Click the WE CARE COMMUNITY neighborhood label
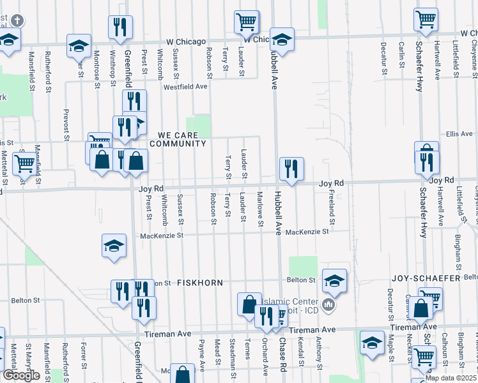[x=178, y=139]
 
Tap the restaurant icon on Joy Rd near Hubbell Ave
[x=291, y=169]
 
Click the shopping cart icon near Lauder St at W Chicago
[x=246, y=22]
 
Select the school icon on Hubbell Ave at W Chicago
[x=281, y=40]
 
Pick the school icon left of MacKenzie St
[x=113, y=246]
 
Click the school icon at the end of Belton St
[x=334, y=280]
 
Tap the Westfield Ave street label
[x=185, y=86]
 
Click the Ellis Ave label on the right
[x=459, y=134]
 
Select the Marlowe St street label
[x=260, y=209]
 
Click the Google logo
[x=21, y=375]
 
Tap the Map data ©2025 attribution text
[x=451, y=378]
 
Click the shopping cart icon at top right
[x=426, y=20]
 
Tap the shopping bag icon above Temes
[x=249, y=304]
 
